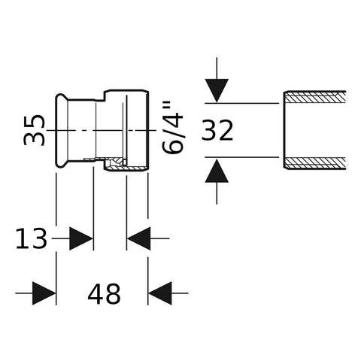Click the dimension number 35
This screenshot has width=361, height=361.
pos(34,130)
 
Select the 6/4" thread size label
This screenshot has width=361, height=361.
pos(172,127)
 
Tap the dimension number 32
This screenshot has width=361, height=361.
pos(217,130)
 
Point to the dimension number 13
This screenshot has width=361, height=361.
pos(31,238)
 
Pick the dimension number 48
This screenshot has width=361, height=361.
pos(104,293)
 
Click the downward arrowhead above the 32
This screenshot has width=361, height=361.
pos(217,90)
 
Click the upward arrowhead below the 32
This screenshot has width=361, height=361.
pos(217,171)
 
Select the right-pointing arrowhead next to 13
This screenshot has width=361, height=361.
pos(80,238)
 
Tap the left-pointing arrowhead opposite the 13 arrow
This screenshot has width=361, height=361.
pos(139,238)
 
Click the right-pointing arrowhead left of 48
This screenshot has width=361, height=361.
pos(44,293)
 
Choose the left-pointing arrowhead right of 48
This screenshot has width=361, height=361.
pos(160,293)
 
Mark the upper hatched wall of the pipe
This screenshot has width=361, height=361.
pos(315,96)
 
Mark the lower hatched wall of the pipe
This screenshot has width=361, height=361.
pos(315,163)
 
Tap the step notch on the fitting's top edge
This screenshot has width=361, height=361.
pos(105,96)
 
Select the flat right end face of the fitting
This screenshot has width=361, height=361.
pos(148,130)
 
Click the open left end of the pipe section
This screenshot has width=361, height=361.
pos(284,130)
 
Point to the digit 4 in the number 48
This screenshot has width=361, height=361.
pos(96,293)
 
